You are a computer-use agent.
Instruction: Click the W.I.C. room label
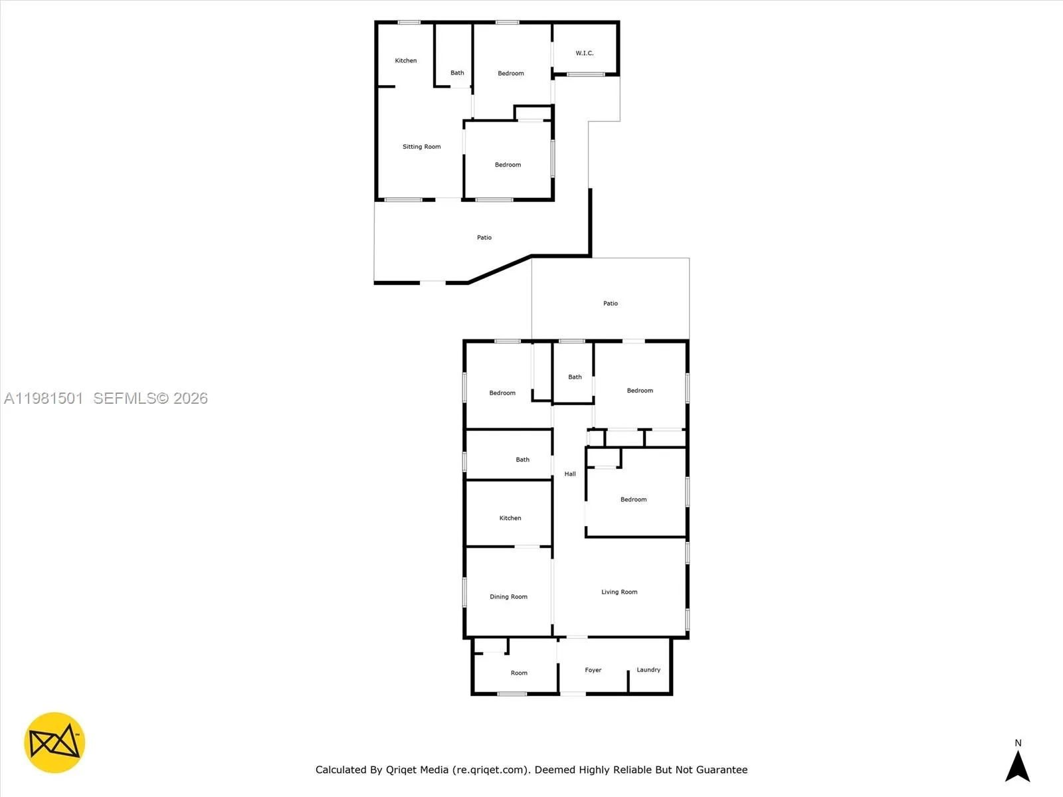coord(585,53)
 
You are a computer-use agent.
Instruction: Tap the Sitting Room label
coord(421,147)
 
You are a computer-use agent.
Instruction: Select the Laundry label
coord(648,669)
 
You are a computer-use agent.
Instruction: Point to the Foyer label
coord(593,670)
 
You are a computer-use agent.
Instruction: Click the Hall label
coord(570,474)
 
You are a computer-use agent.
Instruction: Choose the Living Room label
coord(619,592)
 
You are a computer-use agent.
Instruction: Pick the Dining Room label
coord(508,596)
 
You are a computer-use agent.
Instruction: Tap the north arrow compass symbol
coord(1017,766)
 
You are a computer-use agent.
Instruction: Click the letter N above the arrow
coord(1018,743)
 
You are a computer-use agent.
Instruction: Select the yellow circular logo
coord(54,743)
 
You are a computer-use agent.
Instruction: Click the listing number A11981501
coord(44,398)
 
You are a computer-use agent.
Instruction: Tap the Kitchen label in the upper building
coord(406,60)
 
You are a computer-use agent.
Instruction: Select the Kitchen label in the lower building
coord(510,518)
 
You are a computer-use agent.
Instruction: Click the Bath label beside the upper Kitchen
coord(457,73)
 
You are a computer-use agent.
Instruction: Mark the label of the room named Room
coord(519,673)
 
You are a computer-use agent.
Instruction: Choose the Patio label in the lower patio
coord(610,304)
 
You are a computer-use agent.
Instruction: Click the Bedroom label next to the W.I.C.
coord(511,74)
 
